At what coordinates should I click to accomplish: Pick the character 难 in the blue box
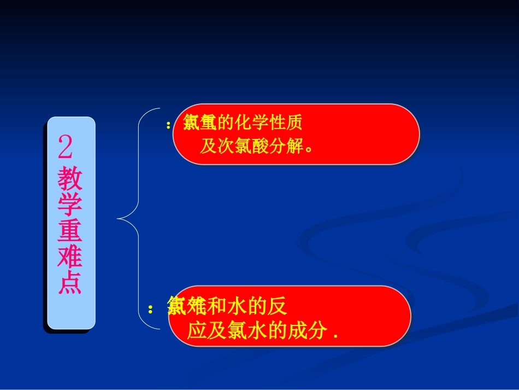pos(70,256)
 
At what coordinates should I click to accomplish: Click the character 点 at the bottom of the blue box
pos(70,282)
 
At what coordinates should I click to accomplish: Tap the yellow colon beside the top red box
pos(168,125)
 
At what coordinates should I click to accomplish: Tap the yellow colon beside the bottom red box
pos(150,310)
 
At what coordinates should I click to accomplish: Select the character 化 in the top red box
pos(243,123)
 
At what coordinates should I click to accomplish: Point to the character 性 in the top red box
pos(278,123)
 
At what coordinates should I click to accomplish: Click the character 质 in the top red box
pos(294,123)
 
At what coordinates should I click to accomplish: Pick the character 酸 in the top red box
pos(261,146)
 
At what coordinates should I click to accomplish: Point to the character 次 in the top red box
pos(226,146)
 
